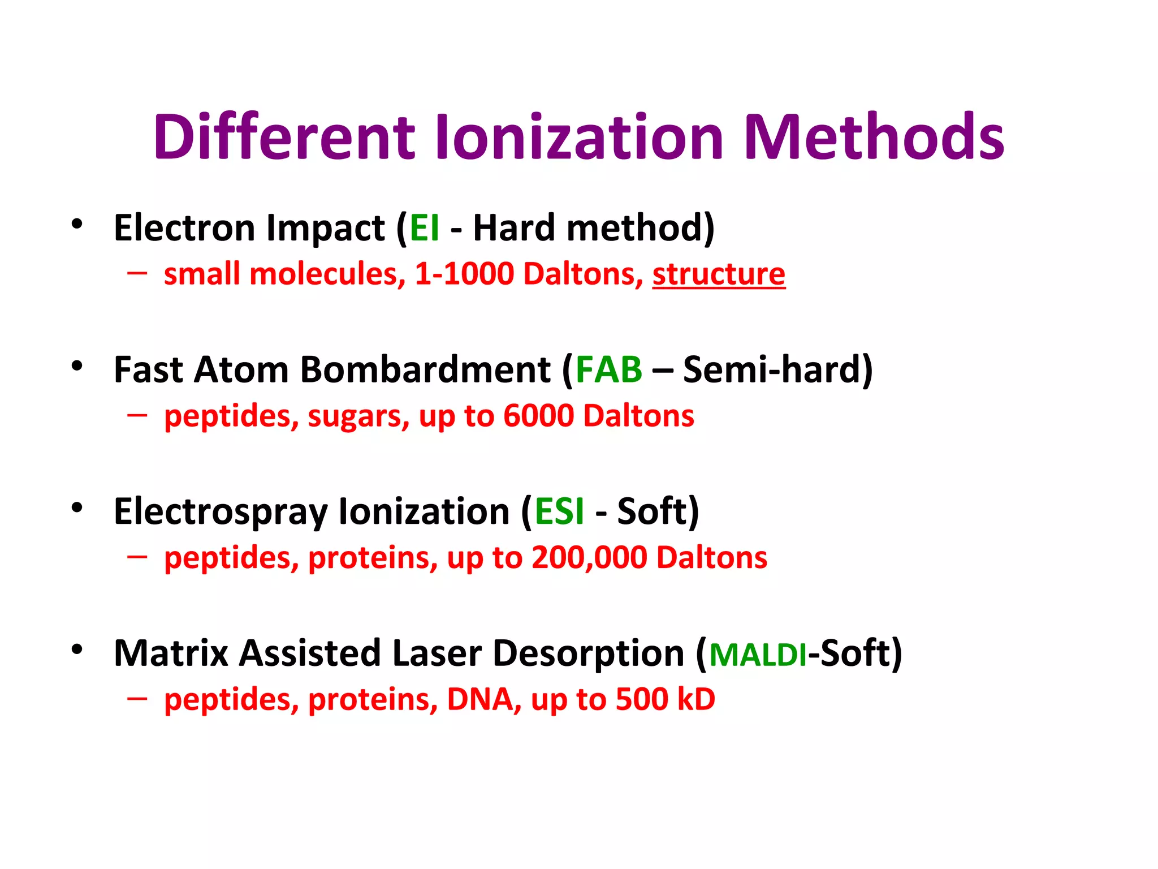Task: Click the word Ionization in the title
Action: coord(580,137)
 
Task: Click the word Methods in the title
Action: coord(874,137)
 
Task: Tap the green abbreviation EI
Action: coord(424,228)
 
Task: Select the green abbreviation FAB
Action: coord(608,370)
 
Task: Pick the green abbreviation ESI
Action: coord(559,511)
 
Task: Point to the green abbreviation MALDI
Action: coord(758,655)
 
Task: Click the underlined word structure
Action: coord(719,274)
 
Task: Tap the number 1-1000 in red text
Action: coord(464,274)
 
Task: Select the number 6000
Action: coord(538,416)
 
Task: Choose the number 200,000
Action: coord(589,558)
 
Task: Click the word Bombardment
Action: coord(425,370)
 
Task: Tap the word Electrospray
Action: coord(221,513)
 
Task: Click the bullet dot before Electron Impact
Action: coord(77,224)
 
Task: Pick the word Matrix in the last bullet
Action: coord(171,654)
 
